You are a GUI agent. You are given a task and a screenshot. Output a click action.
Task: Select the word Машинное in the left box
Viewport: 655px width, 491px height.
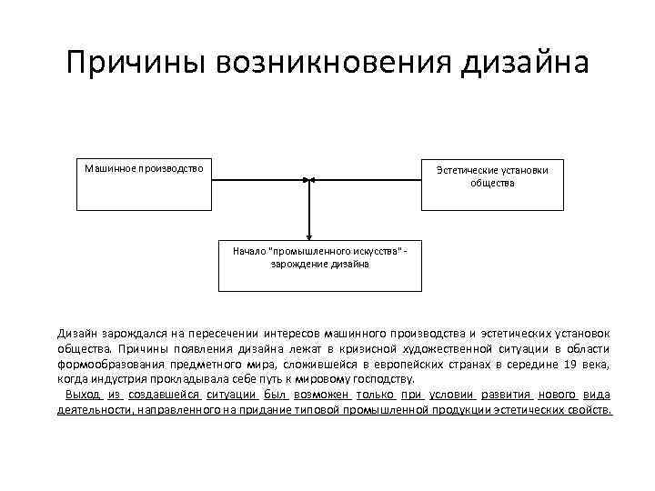tap(108, 168)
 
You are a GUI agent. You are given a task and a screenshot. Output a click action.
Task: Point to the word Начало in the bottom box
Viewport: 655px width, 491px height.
tap(248, 249)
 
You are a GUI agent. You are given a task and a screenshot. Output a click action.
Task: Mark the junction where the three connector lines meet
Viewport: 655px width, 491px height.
tap(310, 180)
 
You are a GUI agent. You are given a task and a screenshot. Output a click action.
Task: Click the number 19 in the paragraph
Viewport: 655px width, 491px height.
tap(569, 364)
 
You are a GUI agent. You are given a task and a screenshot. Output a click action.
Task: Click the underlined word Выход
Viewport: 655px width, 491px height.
tap(83, 394)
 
